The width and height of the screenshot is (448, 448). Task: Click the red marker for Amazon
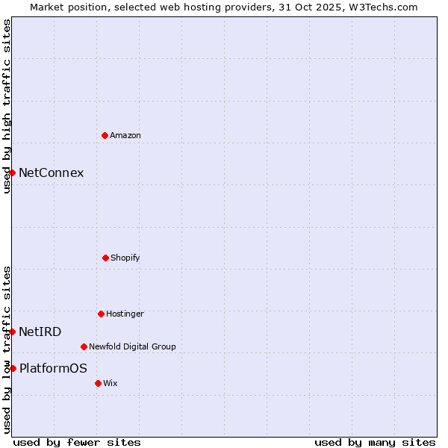(105, 135)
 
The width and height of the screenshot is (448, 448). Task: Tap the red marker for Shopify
(105, 258)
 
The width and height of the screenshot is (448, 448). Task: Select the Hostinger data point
(101, 314)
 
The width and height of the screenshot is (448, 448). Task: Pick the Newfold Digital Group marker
(84, 346)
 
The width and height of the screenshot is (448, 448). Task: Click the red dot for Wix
(98, 383)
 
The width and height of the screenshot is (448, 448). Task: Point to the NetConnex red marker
(12, 172)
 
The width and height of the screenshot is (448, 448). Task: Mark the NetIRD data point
(12, 332)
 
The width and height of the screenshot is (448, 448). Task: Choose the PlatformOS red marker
(13, 368)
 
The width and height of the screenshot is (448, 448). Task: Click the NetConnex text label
(51, 173)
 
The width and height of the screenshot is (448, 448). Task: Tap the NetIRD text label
(40, 332)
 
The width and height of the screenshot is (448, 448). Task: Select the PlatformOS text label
(53, 369)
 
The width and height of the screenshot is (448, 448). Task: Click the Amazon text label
(125, 136)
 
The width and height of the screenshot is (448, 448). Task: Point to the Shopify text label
(125, 258)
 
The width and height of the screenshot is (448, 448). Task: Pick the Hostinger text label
(125, 314)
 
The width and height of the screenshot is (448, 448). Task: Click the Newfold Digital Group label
(132, 347)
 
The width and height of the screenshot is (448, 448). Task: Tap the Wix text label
(111, 384)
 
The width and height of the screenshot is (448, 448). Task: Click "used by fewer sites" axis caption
(77, 443)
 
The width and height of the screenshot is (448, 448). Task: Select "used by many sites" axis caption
(375, 443)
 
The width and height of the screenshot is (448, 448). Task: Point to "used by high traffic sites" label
(7, 106)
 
